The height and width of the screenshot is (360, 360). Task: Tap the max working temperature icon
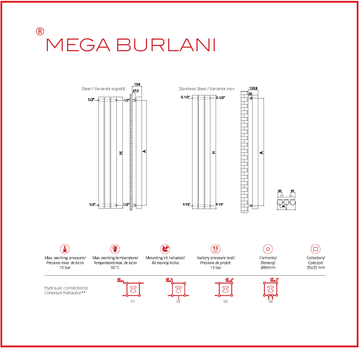pyautogui.click(x=113, y=245)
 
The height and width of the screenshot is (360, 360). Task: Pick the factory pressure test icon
pyautogui.click(x=213, y=245)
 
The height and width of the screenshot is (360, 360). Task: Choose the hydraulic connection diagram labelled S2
pyautogui.click(x=178, y=291)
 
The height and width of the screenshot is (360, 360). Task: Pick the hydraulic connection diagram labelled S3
pyautogui.click(x=225, y=291)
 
